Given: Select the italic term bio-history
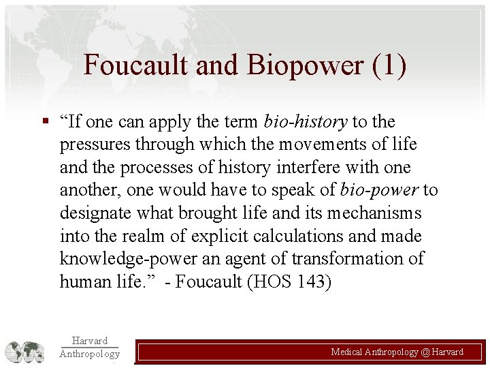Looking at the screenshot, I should click(x=305, y=122).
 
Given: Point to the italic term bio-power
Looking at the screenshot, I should click(x=380, y=190).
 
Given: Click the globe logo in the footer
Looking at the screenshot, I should click(x=24, y=351).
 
